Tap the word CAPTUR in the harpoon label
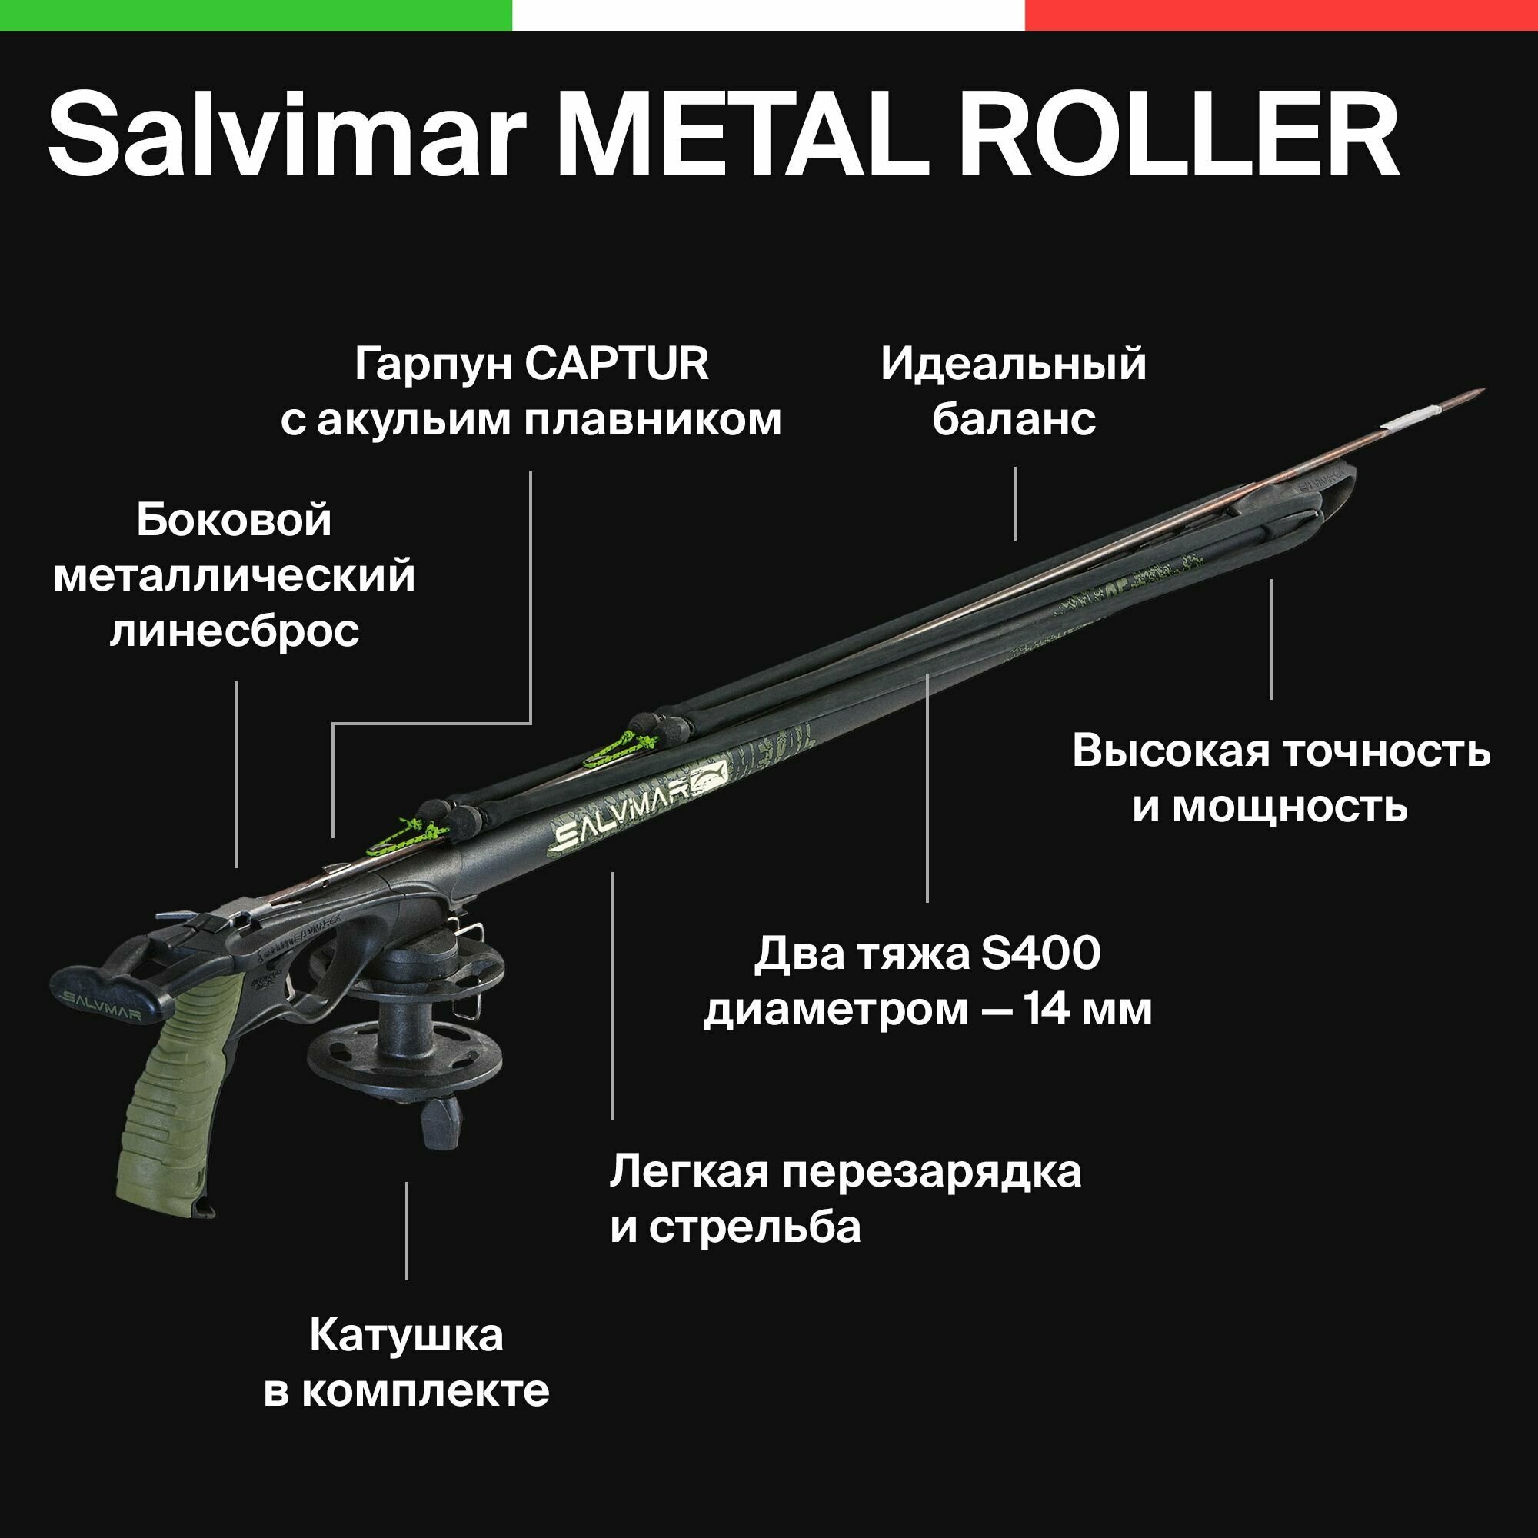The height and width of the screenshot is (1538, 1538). (x=616, y=365)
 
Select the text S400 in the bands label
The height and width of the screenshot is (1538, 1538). (x=1040, y=954)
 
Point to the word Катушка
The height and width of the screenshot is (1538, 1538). (x=406, y=1335)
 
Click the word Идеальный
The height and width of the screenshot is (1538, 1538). (x=1014, y=365)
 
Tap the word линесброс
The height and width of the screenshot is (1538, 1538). (x=235, y=631)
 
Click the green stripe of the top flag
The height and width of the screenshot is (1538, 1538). (x=255, y=15)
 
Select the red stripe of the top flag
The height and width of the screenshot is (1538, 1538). (x=1282, y=15)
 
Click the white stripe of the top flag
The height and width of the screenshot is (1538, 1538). (x=768, y=15)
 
